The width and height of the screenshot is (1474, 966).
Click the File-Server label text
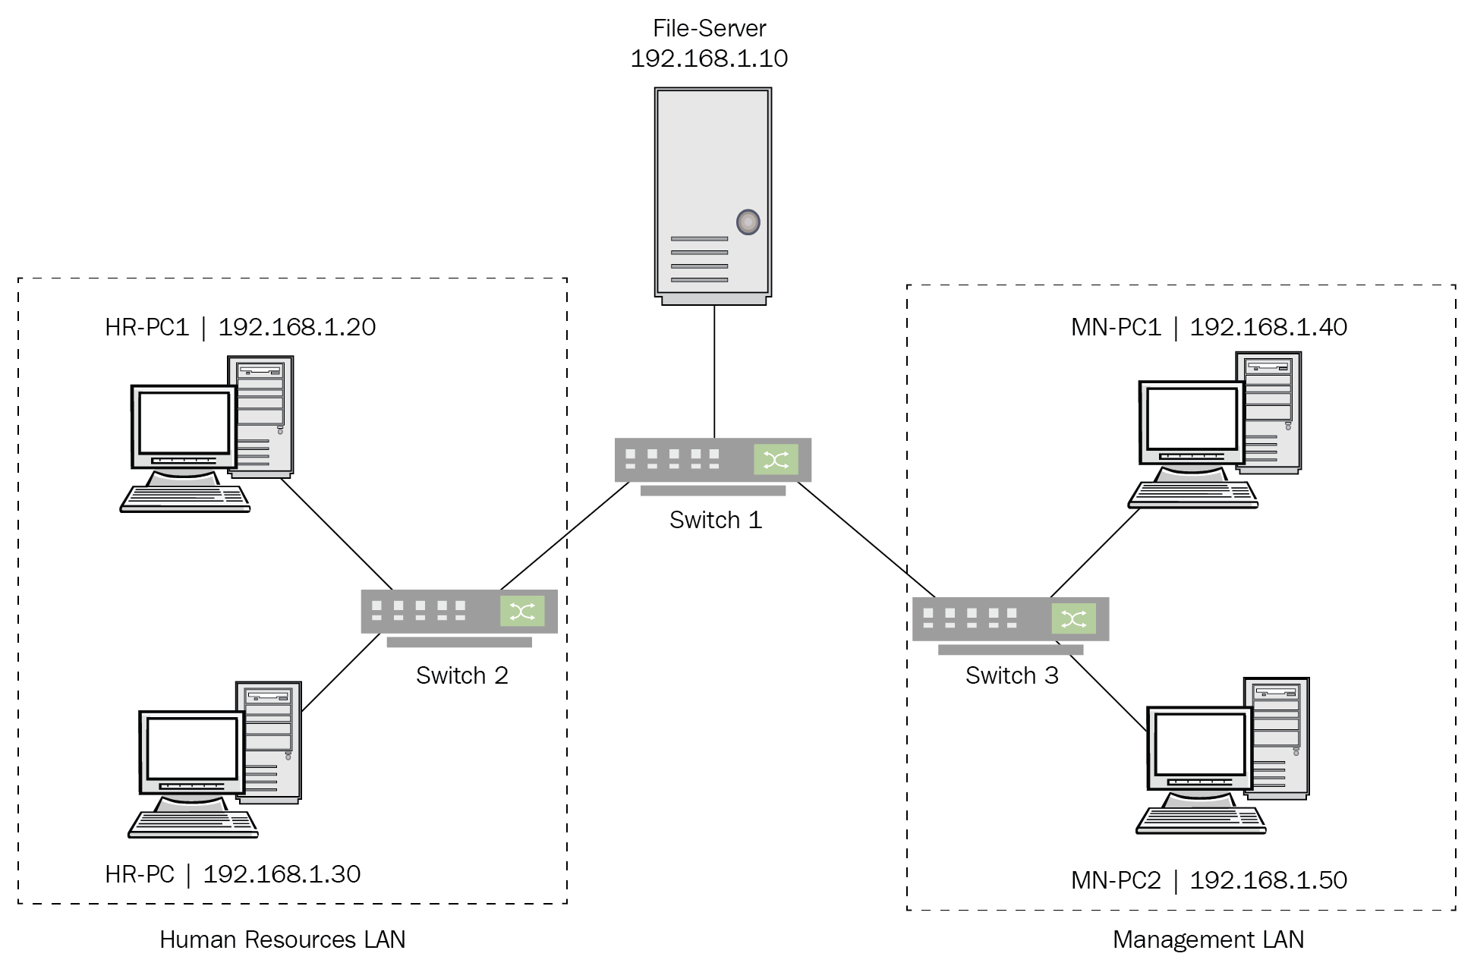[x=709, y=29]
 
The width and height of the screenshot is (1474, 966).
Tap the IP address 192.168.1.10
[x=709, y=58]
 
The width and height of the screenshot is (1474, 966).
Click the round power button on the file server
[x=748, y=222]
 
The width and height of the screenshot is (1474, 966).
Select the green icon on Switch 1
[x=775, y=459]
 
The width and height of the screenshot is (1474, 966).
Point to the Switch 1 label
[x=715, y=520]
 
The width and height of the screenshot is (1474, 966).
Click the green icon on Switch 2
[x=522, y=611]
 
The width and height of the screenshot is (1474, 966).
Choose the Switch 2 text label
[x=461, y=675]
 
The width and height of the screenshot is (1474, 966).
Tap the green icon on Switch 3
[x=1073, y=619]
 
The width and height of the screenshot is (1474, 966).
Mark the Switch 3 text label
[x=1011, y=675]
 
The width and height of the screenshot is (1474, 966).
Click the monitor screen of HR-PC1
[x=184, y=423]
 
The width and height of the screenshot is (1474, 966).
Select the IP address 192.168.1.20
[x=297, y=327]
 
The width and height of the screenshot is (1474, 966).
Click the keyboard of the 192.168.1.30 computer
[x=193, y=824]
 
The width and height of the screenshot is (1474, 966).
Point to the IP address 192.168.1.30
[x=282, y=874]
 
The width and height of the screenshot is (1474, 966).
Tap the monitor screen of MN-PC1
[x=1191, y=418]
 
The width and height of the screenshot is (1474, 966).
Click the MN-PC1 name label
[x=1116, y=327]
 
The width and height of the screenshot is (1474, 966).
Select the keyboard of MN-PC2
[x=1201, y=820]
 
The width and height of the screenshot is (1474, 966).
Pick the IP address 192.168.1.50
[x=1268, y=880]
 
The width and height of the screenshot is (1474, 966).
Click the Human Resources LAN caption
[x=282, y=939]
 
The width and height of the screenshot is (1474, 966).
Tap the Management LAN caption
[x=1208, y=939]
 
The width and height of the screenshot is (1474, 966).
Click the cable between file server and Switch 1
[x=714, y=372]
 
